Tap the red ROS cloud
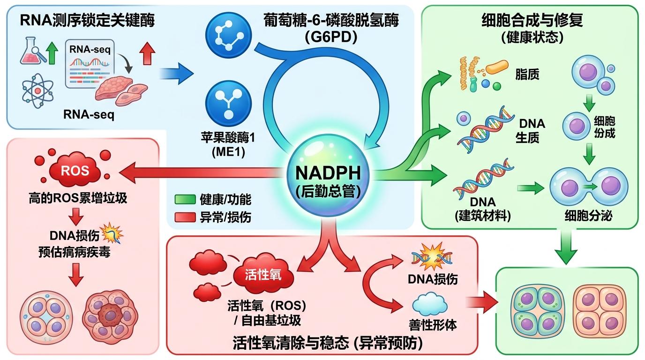pyautogui.click(x=76, y=170)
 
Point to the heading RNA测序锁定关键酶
pyautogui.click(x=87, y=21)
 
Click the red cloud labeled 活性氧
pyautogui.click(x=263, y=274)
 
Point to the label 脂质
pyautogui.click(x=526, y=74)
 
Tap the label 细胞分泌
pyautogui.click(x=588, y=216)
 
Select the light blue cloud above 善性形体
pyautogui.click(x=433, y=303)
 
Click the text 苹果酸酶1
pyautogui.click(x=228, y=140)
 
